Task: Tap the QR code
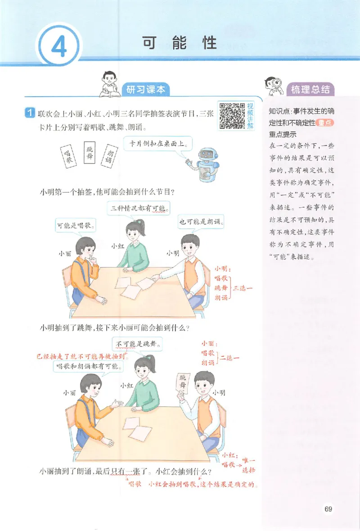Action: pos(231,116)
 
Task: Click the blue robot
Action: pos(207,162)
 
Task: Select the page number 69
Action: pos(328,509)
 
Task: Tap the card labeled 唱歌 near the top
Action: pos(68,156)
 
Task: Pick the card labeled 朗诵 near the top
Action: pos(108,156)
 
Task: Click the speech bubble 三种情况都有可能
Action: pos(139,208)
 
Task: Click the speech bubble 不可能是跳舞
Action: pos(138,345)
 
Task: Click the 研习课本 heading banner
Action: pos(145,89)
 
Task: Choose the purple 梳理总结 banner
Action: pos(310,89)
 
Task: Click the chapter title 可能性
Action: pos(180,43)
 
